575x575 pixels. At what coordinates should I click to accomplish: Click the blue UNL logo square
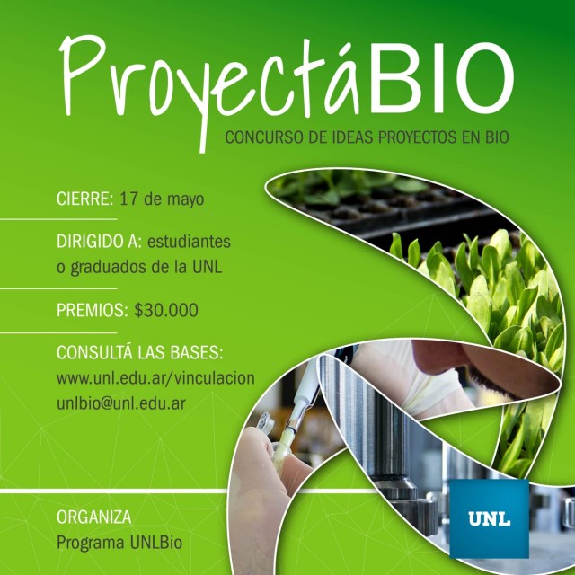pyautogui.click(x=489, y=518)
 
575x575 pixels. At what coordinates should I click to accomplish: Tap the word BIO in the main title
pyautogui.click(x=440, y=78)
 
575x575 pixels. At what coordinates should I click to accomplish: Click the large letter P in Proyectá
pyautogui.click(x=82, y=75)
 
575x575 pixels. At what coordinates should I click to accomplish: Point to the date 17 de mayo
pyautogui.click(x=162, y=199)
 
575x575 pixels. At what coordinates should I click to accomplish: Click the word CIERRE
pyautogui.click(x=84, y=199)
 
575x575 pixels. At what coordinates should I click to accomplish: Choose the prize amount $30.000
pyautogui.click(x=166, y=310)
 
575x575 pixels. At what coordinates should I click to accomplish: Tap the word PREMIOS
pyautogui.click(x=92, y=310)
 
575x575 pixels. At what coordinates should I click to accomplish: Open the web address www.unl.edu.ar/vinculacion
pyautogui.click(x=155, y=377)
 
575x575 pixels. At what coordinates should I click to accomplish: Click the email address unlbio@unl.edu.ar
pyautogui.click(x=121, y=403)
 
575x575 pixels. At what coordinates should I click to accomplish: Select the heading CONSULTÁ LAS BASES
pyautogui.click(x=140, y=352)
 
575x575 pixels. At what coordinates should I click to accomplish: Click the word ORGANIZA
pyautogui.click(x=93, y=517)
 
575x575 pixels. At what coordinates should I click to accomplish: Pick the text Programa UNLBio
pyautogui.click(x=119, y=543)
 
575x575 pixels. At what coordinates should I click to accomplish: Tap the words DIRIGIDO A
pyautogui.click(x=99, y=242)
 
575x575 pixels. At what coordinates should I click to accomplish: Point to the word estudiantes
pyautogui.click(x=189, y=242)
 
